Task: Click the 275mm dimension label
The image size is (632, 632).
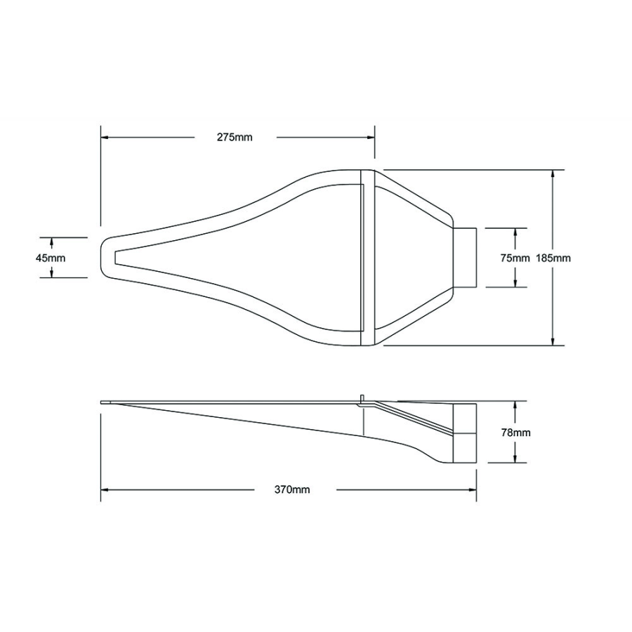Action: point(234,138)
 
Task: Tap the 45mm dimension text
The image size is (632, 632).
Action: point(51,258)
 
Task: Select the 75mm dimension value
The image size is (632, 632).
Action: point(515,258)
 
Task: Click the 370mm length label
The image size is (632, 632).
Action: point(291,489)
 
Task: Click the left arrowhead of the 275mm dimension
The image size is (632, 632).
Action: point(105,138)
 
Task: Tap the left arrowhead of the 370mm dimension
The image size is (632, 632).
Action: point(105,489)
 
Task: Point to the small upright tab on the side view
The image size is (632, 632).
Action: point(363,399)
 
